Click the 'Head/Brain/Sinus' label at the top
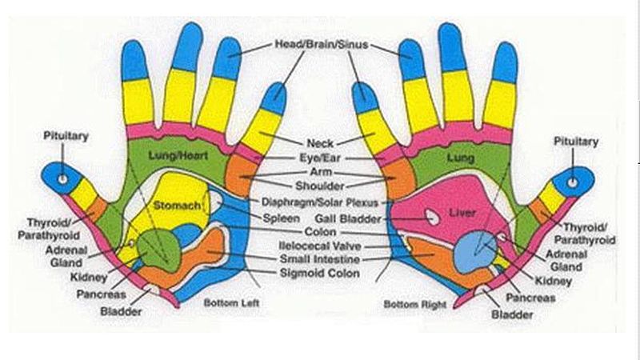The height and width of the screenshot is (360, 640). pyautogui.click(x=322, y=44)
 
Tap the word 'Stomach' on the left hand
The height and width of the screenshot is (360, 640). pyautogui.click(x=177, y=206)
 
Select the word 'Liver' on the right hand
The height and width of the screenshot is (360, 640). pyautogui.click(x=462, y=213)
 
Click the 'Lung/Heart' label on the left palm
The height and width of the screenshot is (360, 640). pyautogui.click(x=178, y=155)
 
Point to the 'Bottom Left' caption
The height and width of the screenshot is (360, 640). pyautogui.click(x=231, y=303)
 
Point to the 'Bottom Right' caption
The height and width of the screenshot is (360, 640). pyautogui.click(x=415, y=305)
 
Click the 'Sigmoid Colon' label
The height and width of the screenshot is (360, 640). pyautogui.click(x=319, y=273)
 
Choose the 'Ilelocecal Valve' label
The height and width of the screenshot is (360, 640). pyautogui.click(x=320, y=246)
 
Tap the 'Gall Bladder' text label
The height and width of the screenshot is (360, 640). pyautogui.click(x=348, y=218)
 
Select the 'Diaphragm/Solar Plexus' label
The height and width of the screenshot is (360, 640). pyautogui.click(x=320, y=202)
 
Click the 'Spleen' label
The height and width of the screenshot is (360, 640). pyautogui.click(x=282, y=218)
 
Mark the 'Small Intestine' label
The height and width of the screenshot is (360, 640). pyautogui.click(x=319, y=259)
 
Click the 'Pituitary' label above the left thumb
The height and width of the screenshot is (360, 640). pyautogui.click(x=66, y=136)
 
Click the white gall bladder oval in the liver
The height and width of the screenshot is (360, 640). pyautogui.click(x=432, y=216)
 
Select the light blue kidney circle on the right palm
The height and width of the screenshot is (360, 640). pyautogui.click(x=475, y=251)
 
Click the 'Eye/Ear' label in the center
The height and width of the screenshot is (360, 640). pyautogui.click(x=320, y=158)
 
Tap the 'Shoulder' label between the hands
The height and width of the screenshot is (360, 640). pyautogui.click(x=319, y=186)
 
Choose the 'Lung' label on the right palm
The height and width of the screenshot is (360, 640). pyautogui.click(x=461, y=158)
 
